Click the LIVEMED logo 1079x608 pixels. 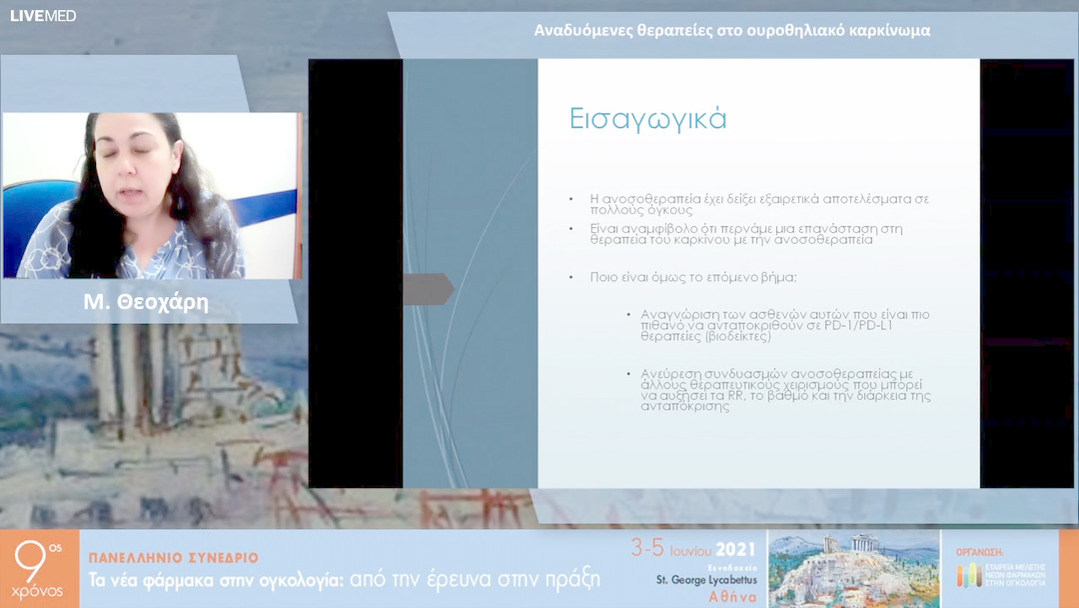(x=42, y=15)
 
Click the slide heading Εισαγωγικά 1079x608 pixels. (x=647, y=118)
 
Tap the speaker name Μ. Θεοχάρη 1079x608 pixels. (x=146, y=303)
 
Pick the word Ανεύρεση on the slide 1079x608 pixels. (x=671, y=373)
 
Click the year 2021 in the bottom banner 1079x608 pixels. (x=735, y=549)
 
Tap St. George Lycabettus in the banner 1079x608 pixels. (x=705, y=579)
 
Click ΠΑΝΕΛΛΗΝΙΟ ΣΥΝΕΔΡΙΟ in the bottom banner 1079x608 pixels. (x=174, y=557)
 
